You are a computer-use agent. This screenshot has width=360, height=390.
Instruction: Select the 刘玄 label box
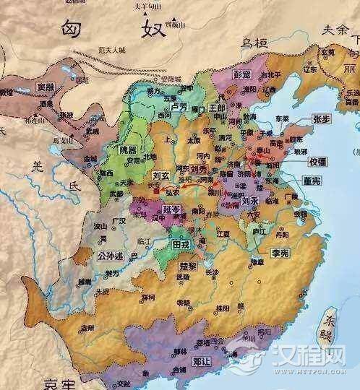[x=162, y=175]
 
